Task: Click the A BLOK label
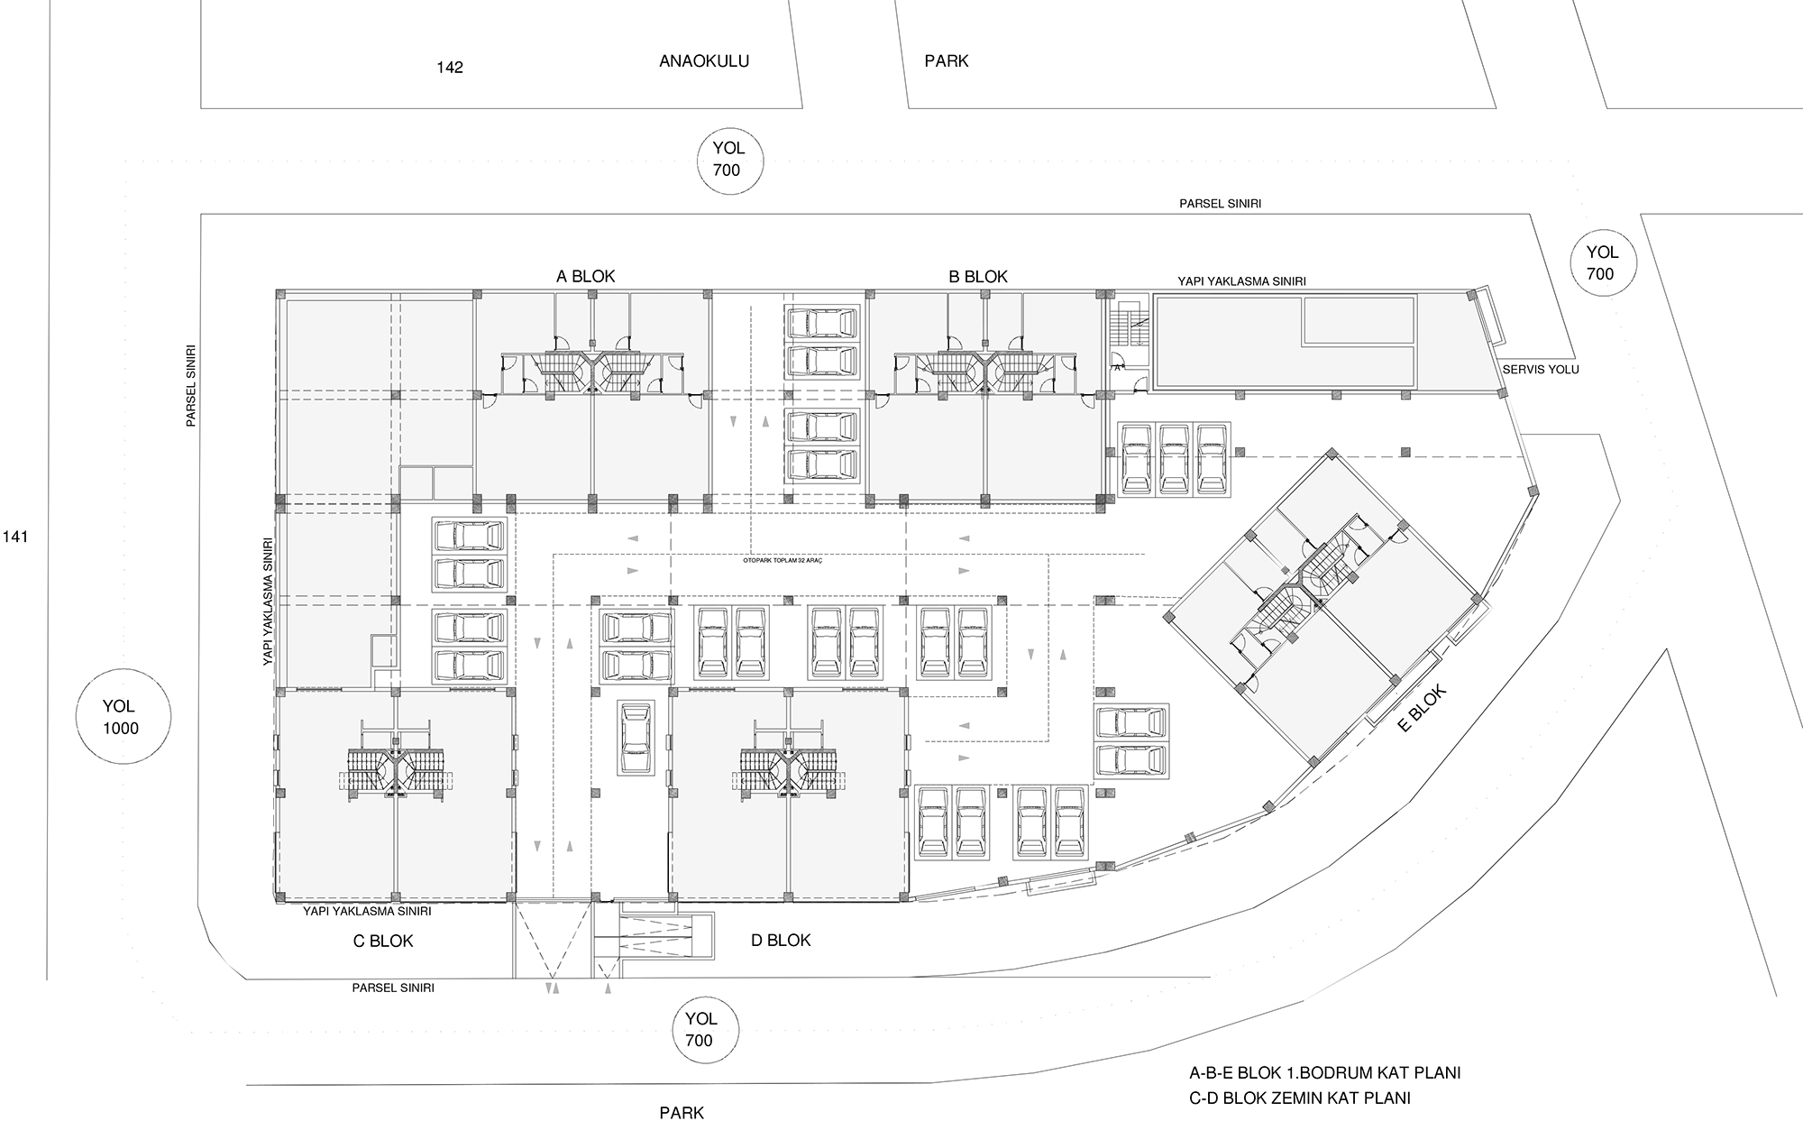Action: [585, 276]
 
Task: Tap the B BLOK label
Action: [978, 277]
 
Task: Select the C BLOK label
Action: [383, 941]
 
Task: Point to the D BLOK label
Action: [781, 940]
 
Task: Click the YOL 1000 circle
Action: [121, 718]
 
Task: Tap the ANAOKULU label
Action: [704, 61]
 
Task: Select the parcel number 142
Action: [450, 68]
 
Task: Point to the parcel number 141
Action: [16, 537]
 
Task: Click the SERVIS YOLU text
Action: [1541, 370]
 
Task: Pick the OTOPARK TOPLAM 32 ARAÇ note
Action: [783, 560]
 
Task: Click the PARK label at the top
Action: [947, 61]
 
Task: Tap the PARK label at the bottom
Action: [682, 1112]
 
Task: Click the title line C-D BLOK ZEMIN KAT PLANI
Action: [1300, 1098]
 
